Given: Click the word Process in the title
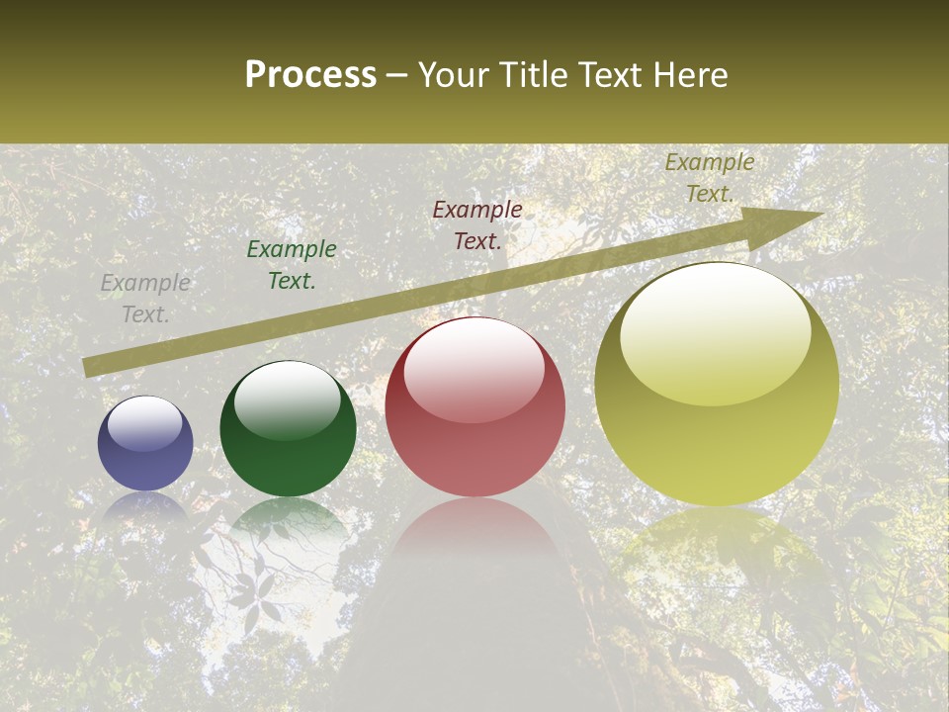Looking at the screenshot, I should [310, 75].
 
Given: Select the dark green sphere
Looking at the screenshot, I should [288, 429].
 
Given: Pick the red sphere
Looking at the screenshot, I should [475, 406].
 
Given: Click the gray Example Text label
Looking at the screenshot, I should [145, 299].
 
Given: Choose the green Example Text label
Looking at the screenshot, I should [292, 265].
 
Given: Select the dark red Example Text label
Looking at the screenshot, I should [477, 224].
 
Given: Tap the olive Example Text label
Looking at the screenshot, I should [710, 178].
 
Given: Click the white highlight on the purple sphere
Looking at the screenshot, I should [145, 423].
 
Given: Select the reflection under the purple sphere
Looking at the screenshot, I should [145, 506].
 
